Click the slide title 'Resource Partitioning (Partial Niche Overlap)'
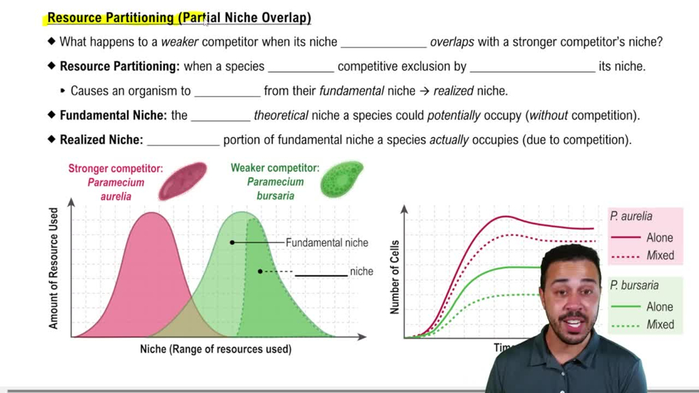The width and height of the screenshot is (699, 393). (179, 18)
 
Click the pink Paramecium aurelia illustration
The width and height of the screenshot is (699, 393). (182, 180)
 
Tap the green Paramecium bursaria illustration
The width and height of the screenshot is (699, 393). (342, 179)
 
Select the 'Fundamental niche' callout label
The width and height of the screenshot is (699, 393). (326, 243)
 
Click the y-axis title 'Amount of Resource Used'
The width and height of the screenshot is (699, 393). (55, 269)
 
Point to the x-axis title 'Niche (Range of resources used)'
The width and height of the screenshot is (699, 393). (215, 348)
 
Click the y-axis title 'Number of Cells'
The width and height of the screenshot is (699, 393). (396, 277)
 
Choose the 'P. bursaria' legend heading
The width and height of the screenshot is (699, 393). (634, 285)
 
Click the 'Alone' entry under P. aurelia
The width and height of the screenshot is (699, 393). (660, 238)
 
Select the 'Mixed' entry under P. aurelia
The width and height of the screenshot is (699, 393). (660, 255)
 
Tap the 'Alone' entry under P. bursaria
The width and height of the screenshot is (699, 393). (660, 306)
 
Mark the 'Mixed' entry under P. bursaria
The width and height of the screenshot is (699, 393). (660, 324)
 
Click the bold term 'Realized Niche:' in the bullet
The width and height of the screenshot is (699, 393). (101, 140)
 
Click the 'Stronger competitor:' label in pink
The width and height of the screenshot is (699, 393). (115, 169)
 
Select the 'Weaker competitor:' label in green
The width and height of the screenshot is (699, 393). (275, 168)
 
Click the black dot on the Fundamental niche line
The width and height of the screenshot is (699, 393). (232, 243)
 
